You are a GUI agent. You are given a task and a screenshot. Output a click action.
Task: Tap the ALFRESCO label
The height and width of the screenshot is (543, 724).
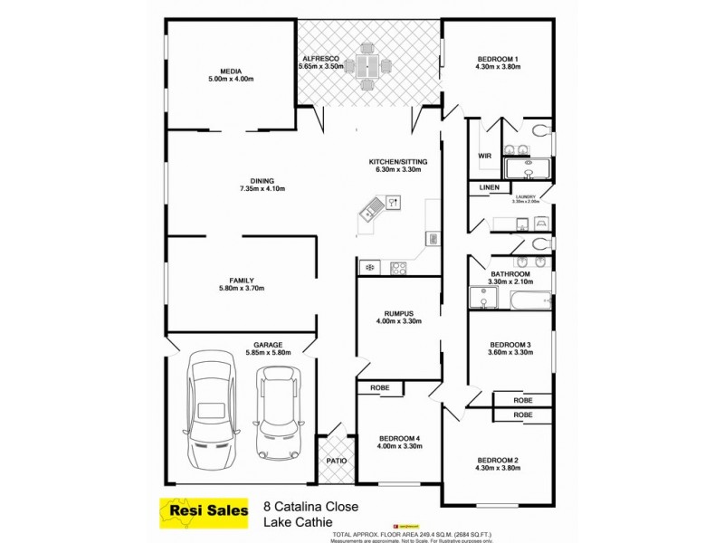pyautogui.click(x=321, y=56)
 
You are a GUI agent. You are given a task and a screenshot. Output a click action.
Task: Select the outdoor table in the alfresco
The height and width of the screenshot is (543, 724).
pyautogui.click(x=368, y=65)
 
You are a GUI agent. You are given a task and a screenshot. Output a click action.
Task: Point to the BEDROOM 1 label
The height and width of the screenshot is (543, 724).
pyautogui.click(x=499, y=59)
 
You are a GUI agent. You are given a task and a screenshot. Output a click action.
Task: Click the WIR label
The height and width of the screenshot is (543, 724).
pyautogui.click(x=484, y=156)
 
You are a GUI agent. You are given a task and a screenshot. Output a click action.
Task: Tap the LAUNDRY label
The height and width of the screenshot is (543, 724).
pyautogui.click(x=525, y=196)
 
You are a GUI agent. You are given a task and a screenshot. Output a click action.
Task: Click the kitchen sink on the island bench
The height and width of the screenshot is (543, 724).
pyautogui.click(x=370, y=214)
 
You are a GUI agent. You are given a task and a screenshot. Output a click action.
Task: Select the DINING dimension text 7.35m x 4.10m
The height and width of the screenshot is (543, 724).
pyautogui.click(x=262, y=189)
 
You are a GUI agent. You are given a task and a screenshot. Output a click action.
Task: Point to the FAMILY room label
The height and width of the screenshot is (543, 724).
pyautogui.click(x=242, y=280)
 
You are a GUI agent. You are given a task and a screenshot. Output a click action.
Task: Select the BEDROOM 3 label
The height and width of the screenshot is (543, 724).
pyautogui.click(x=510, y=344)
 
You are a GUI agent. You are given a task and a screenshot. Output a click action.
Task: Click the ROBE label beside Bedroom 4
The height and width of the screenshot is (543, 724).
pyautogui.click(x=380, y=387)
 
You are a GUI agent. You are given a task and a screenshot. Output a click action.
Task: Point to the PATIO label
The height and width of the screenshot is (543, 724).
pyautogui.click(x=335, y=462)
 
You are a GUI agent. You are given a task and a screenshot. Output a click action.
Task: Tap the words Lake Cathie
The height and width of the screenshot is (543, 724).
pyautogui.click(x=296, y=521)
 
